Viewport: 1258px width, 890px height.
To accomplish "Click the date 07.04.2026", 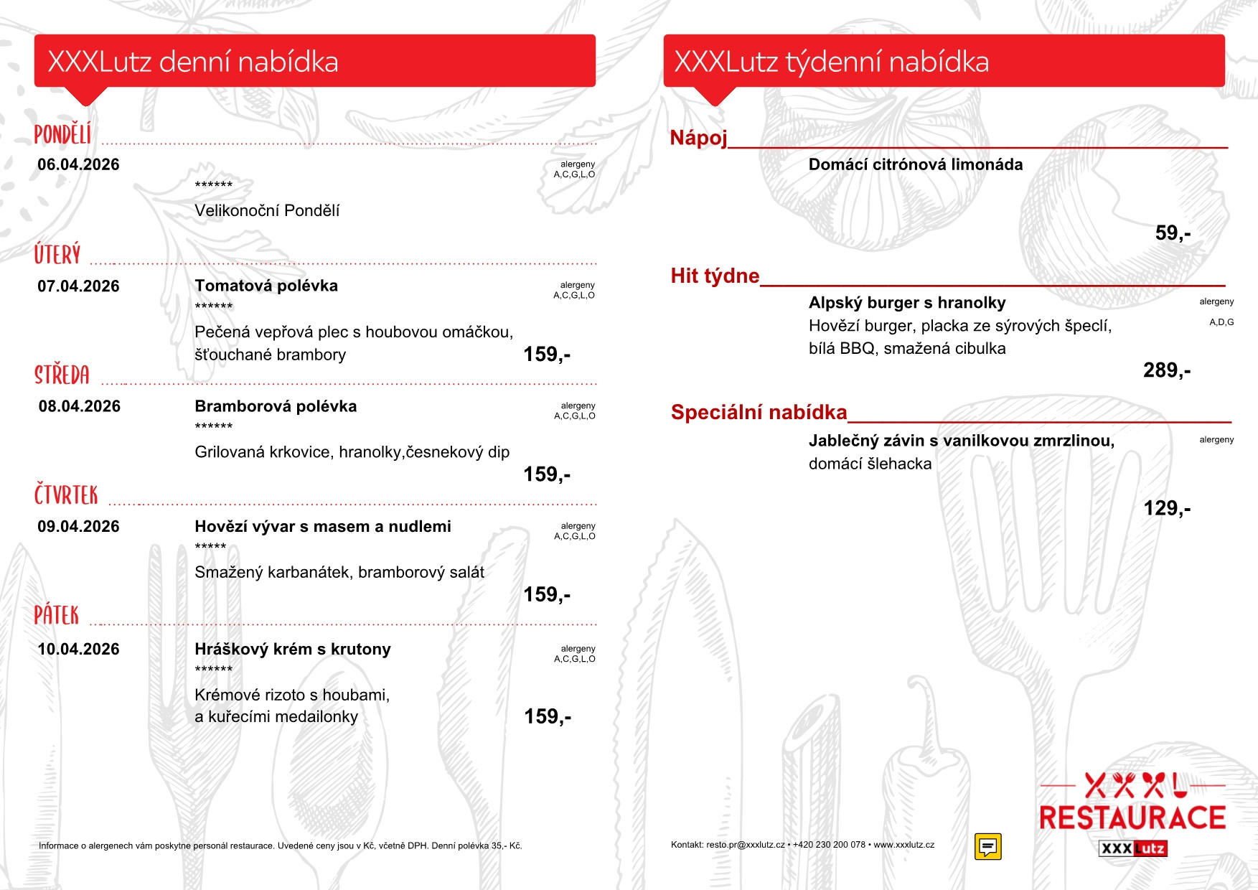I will [x=78, y=286].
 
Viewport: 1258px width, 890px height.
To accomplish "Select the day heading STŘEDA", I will [x=62, y=375].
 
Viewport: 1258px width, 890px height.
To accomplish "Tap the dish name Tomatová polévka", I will [x=266, y=286].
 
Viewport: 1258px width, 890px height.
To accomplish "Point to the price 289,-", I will [x=1166, y=370].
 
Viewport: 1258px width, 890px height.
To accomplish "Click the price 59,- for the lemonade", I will [x=1173, y=233].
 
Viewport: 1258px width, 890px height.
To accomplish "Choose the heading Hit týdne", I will [x=715, y=276].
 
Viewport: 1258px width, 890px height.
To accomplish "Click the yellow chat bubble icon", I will [x=987, y=846].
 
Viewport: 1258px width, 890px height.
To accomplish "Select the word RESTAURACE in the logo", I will [x=1132, y=818].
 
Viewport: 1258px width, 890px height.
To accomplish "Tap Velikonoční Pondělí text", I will [x=267, y=211].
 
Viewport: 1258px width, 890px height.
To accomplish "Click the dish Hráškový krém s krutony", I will [x=293, y=649].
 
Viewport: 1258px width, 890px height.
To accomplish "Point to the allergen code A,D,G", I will [x=1221, y=322].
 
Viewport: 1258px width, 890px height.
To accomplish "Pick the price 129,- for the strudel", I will [x=1166, y=508].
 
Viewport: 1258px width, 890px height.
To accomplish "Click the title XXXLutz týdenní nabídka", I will [x=831, y=62].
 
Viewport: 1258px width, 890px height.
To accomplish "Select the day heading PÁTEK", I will [x=57, y=615].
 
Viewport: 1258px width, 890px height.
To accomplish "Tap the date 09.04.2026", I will [x=78, y=527].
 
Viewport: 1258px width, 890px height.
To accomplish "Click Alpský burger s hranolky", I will [x=907, y=303].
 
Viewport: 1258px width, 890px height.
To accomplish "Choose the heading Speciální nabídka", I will [x=759, y=412].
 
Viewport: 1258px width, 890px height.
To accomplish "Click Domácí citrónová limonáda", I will [x=915, y=164].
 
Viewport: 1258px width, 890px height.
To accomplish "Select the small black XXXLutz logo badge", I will [x=1132, y=848].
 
